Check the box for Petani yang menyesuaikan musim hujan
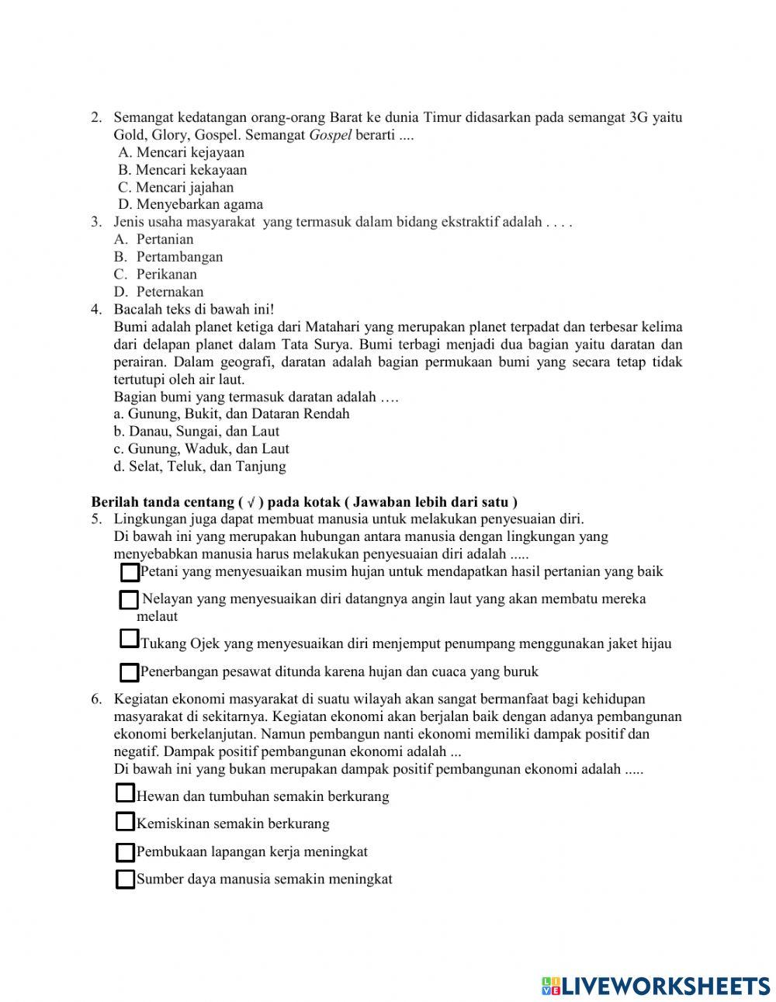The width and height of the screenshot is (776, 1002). tap(130, 573)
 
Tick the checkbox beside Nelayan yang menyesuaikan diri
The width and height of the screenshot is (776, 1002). tap(128, 600)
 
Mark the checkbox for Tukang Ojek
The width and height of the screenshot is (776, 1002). tap(129, 639)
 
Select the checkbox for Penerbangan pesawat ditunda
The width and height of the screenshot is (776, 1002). tap(130, 672)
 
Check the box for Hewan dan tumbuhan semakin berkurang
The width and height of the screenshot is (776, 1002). tap(125, 793)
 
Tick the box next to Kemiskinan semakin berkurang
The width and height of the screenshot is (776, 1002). tap(125, 822)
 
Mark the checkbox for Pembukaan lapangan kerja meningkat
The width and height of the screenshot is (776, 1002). tap(125, 853)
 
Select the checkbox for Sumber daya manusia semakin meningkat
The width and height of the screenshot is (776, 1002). tap(125, 879)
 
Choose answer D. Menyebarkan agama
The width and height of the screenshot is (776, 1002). tap(191, 205)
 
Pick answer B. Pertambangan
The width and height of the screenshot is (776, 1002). tap(169, 257)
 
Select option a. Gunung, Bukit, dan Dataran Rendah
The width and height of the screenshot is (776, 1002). tap(231, 414)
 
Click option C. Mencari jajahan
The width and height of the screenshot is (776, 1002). tap(176, 187)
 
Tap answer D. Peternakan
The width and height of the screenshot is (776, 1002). tap(160, 292)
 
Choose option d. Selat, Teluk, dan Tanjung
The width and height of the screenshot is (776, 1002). tap(199, 466)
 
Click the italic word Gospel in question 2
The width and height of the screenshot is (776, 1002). tap(331, 135)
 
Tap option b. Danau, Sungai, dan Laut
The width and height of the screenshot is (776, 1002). tap(196, 432)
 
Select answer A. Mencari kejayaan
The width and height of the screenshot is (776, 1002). tap(182, 152)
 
